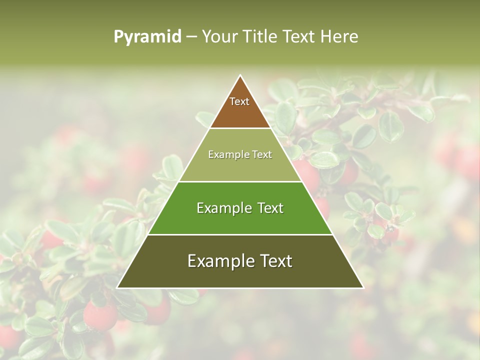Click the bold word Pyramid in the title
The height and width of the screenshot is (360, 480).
[x=147, y=37]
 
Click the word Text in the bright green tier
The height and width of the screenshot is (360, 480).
[x=270, y=208]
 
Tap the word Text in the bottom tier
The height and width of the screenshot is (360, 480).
[x=275, y=261]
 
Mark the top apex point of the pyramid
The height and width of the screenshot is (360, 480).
[x=240, y=75]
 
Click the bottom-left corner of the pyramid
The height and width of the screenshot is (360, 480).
[x=117, y=287]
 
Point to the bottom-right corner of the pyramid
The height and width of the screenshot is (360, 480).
[x=363, y=287]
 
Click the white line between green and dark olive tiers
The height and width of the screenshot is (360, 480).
[x=240, y=234]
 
